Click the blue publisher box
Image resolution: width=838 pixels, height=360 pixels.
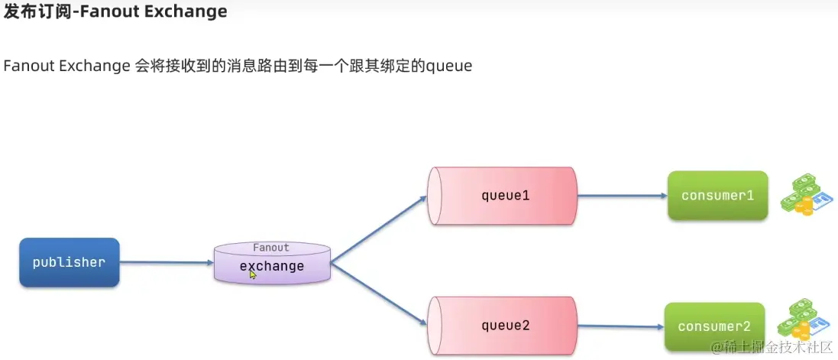point(69,262)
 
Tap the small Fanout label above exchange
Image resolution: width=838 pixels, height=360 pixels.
point(271,248)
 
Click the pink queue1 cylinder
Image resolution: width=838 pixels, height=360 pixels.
point(505,195)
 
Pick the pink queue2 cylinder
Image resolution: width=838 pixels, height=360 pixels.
point(505,326)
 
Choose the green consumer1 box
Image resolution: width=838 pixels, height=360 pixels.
point(717,196)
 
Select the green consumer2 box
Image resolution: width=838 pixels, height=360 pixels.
point(713,326)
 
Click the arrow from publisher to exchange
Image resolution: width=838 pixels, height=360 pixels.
point(167,262)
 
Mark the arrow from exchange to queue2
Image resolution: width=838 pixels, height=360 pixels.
point(379,294)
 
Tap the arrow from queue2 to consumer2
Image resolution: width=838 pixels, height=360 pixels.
point(620,326)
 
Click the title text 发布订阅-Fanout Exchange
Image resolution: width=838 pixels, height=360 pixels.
point(115,12)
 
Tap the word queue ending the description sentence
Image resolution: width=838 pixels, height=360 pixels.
point(449,66)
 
